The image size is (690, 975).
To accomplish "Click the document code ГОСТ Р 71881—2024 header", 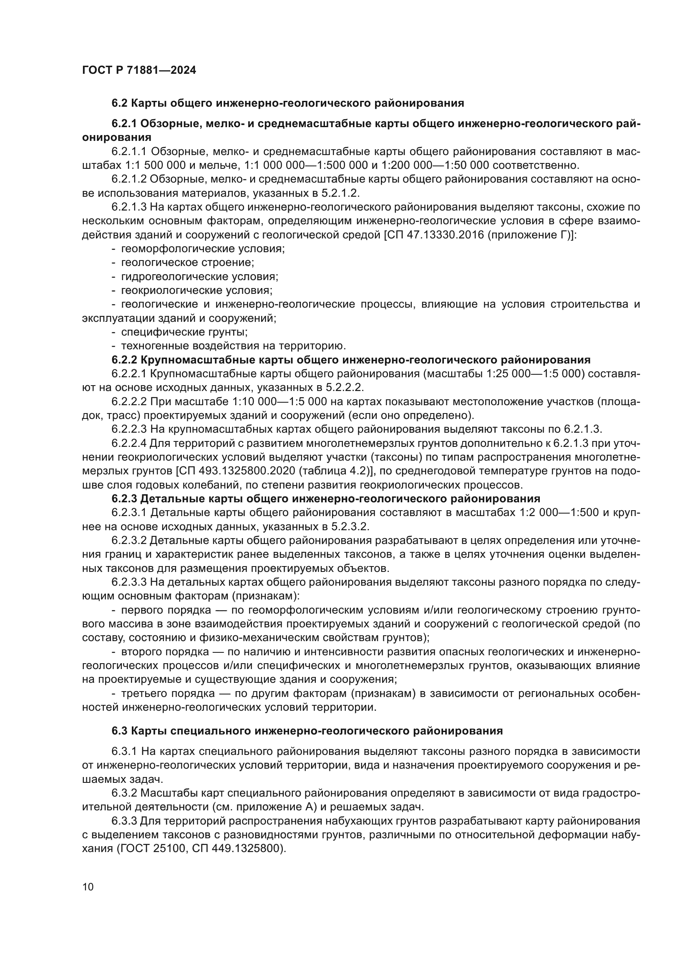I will pyautogui.click(x=139, y=70).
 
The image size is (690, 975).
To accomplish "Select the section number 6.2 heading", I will pyautogui.click(x=120, y=103).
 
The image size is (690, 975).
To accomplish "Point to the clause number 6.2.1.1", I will pyautogui.click(x=129, y=152).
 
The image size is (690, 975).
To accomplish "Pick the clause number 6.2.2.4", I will pyautogui.click(x=129, y=444).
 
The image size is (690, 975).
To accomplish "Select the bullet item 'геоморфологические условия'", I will pyautogui.click(x=203, y=249).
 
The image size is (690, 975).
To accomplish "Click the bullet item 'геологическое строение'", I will pyautogui.click(x=187, y=263).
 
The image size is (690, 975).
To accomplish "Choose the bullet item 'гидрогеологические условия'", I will pyautogui.click(x=200, y=277).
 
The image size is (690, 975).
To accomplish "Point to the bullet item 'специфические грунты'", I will pyautogui.click(x=184, y=332).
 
